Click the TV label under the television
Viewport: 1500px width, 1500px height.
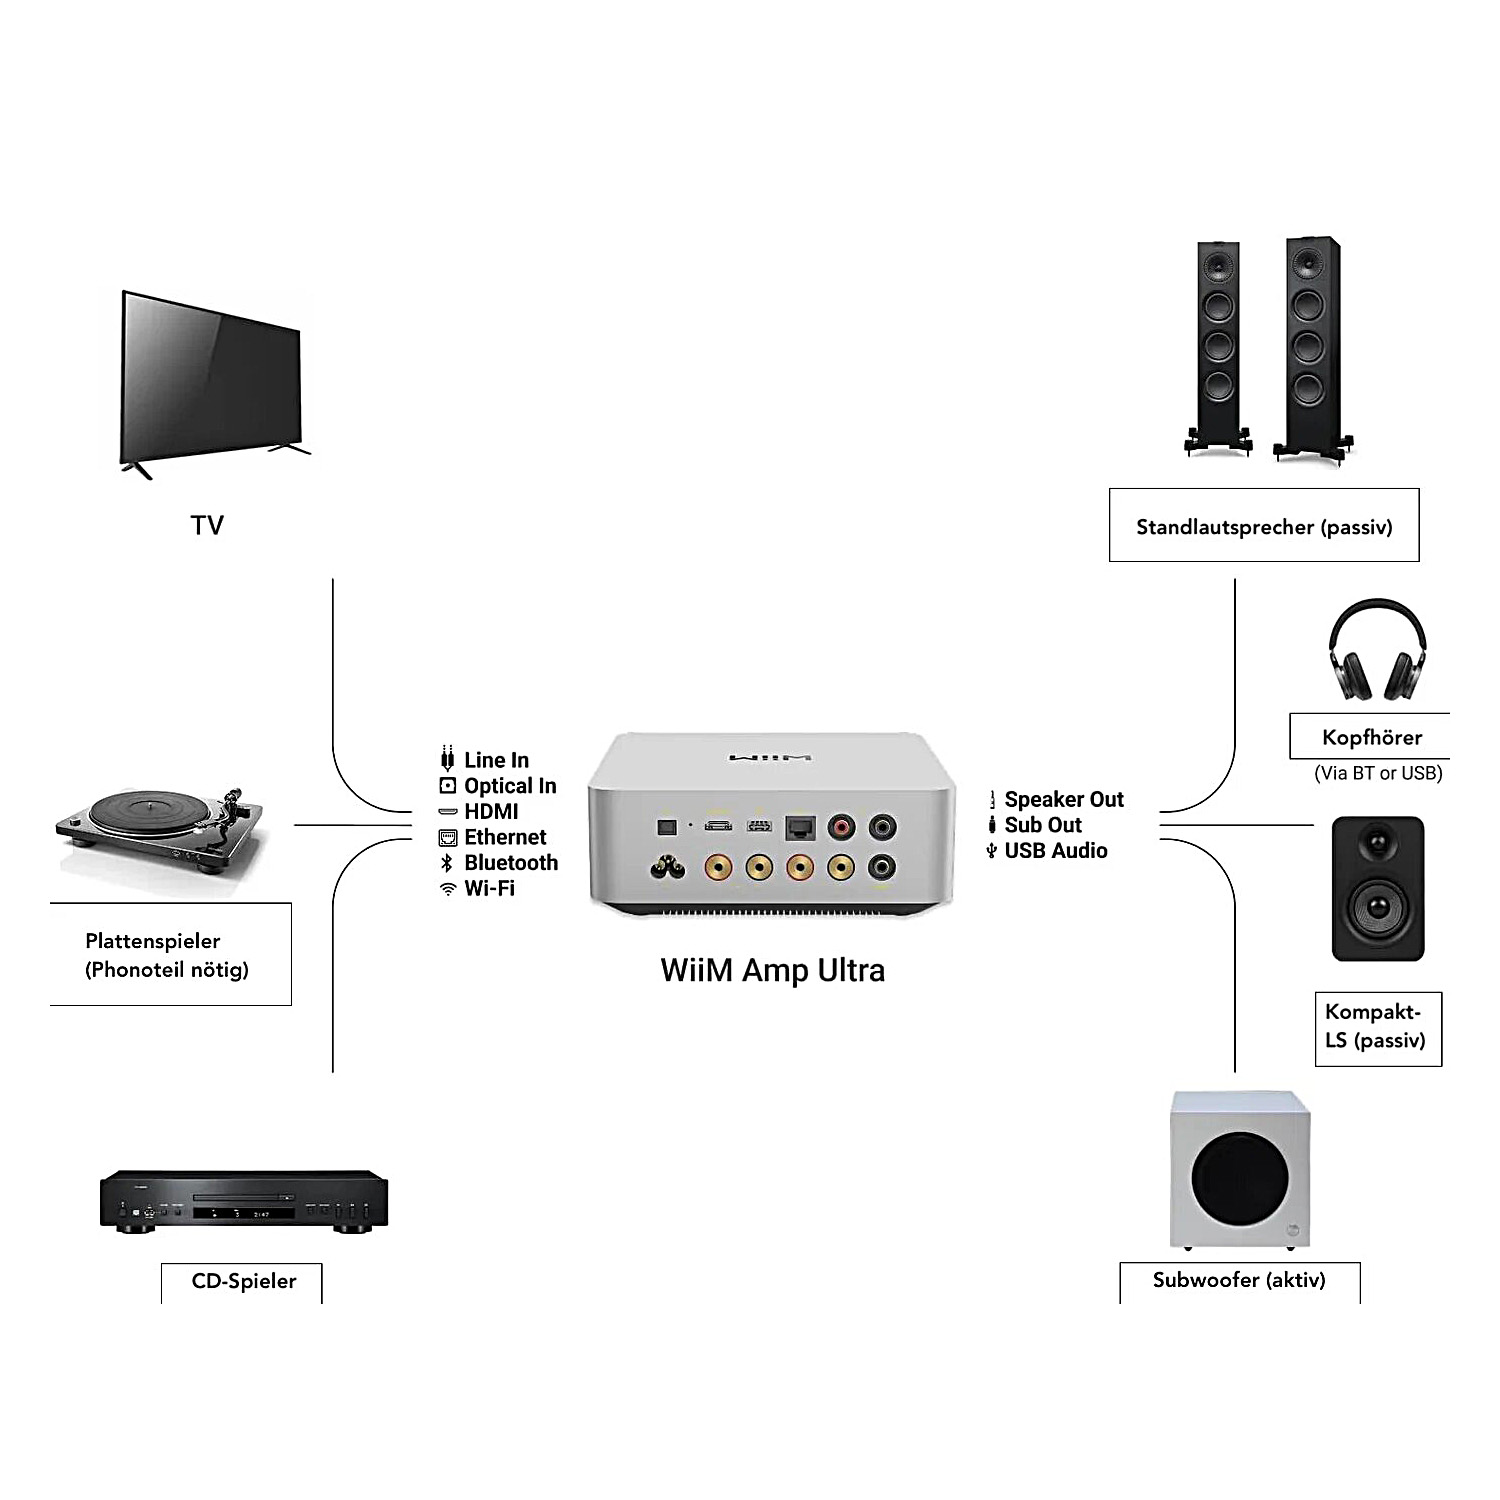[x=207, y=525]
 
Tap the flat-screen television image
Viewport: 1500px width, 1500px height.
[x=211, y=380]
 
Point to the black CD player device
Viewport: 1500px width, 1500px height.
[x=243, y=1199]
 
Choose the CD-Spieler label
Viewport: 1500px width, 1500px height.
[x=243, y=1281]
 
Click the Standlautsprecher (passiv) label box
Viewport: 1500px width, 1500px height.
[x=1264, y=526]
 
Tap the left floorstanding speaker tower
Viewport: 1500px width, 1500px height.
[x=1217, y=345]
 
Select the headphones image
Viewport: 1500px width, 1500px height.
[x=1377, y=650]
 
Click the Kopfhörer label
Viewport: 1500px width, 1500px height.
[x=1371, y=738]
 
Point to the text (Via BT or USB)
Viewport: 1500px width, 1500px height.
[x=1378, y=773]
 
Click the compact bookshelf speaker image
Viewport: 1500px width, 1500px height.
[x=1377, y=888]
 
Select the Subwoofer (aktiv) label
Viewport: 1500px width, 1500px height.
[x=1239, y=1280]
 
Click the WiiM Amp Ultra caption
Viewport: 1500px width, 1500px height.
[x=772, y=970]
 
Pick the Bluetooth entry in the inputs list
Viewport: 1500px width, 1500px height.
[x=510, y=863]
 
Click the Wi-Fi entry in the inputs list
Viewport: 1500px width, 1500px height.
[x=489, y=888]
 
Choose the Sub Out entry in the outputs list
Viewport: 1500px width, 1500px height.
[x=1042, y=825]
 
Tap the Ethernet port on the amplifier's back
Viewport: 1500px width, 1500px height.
[x=800, y=827]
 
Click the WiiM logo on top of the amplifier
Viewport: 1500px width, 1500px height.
[x=770, y=758]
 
